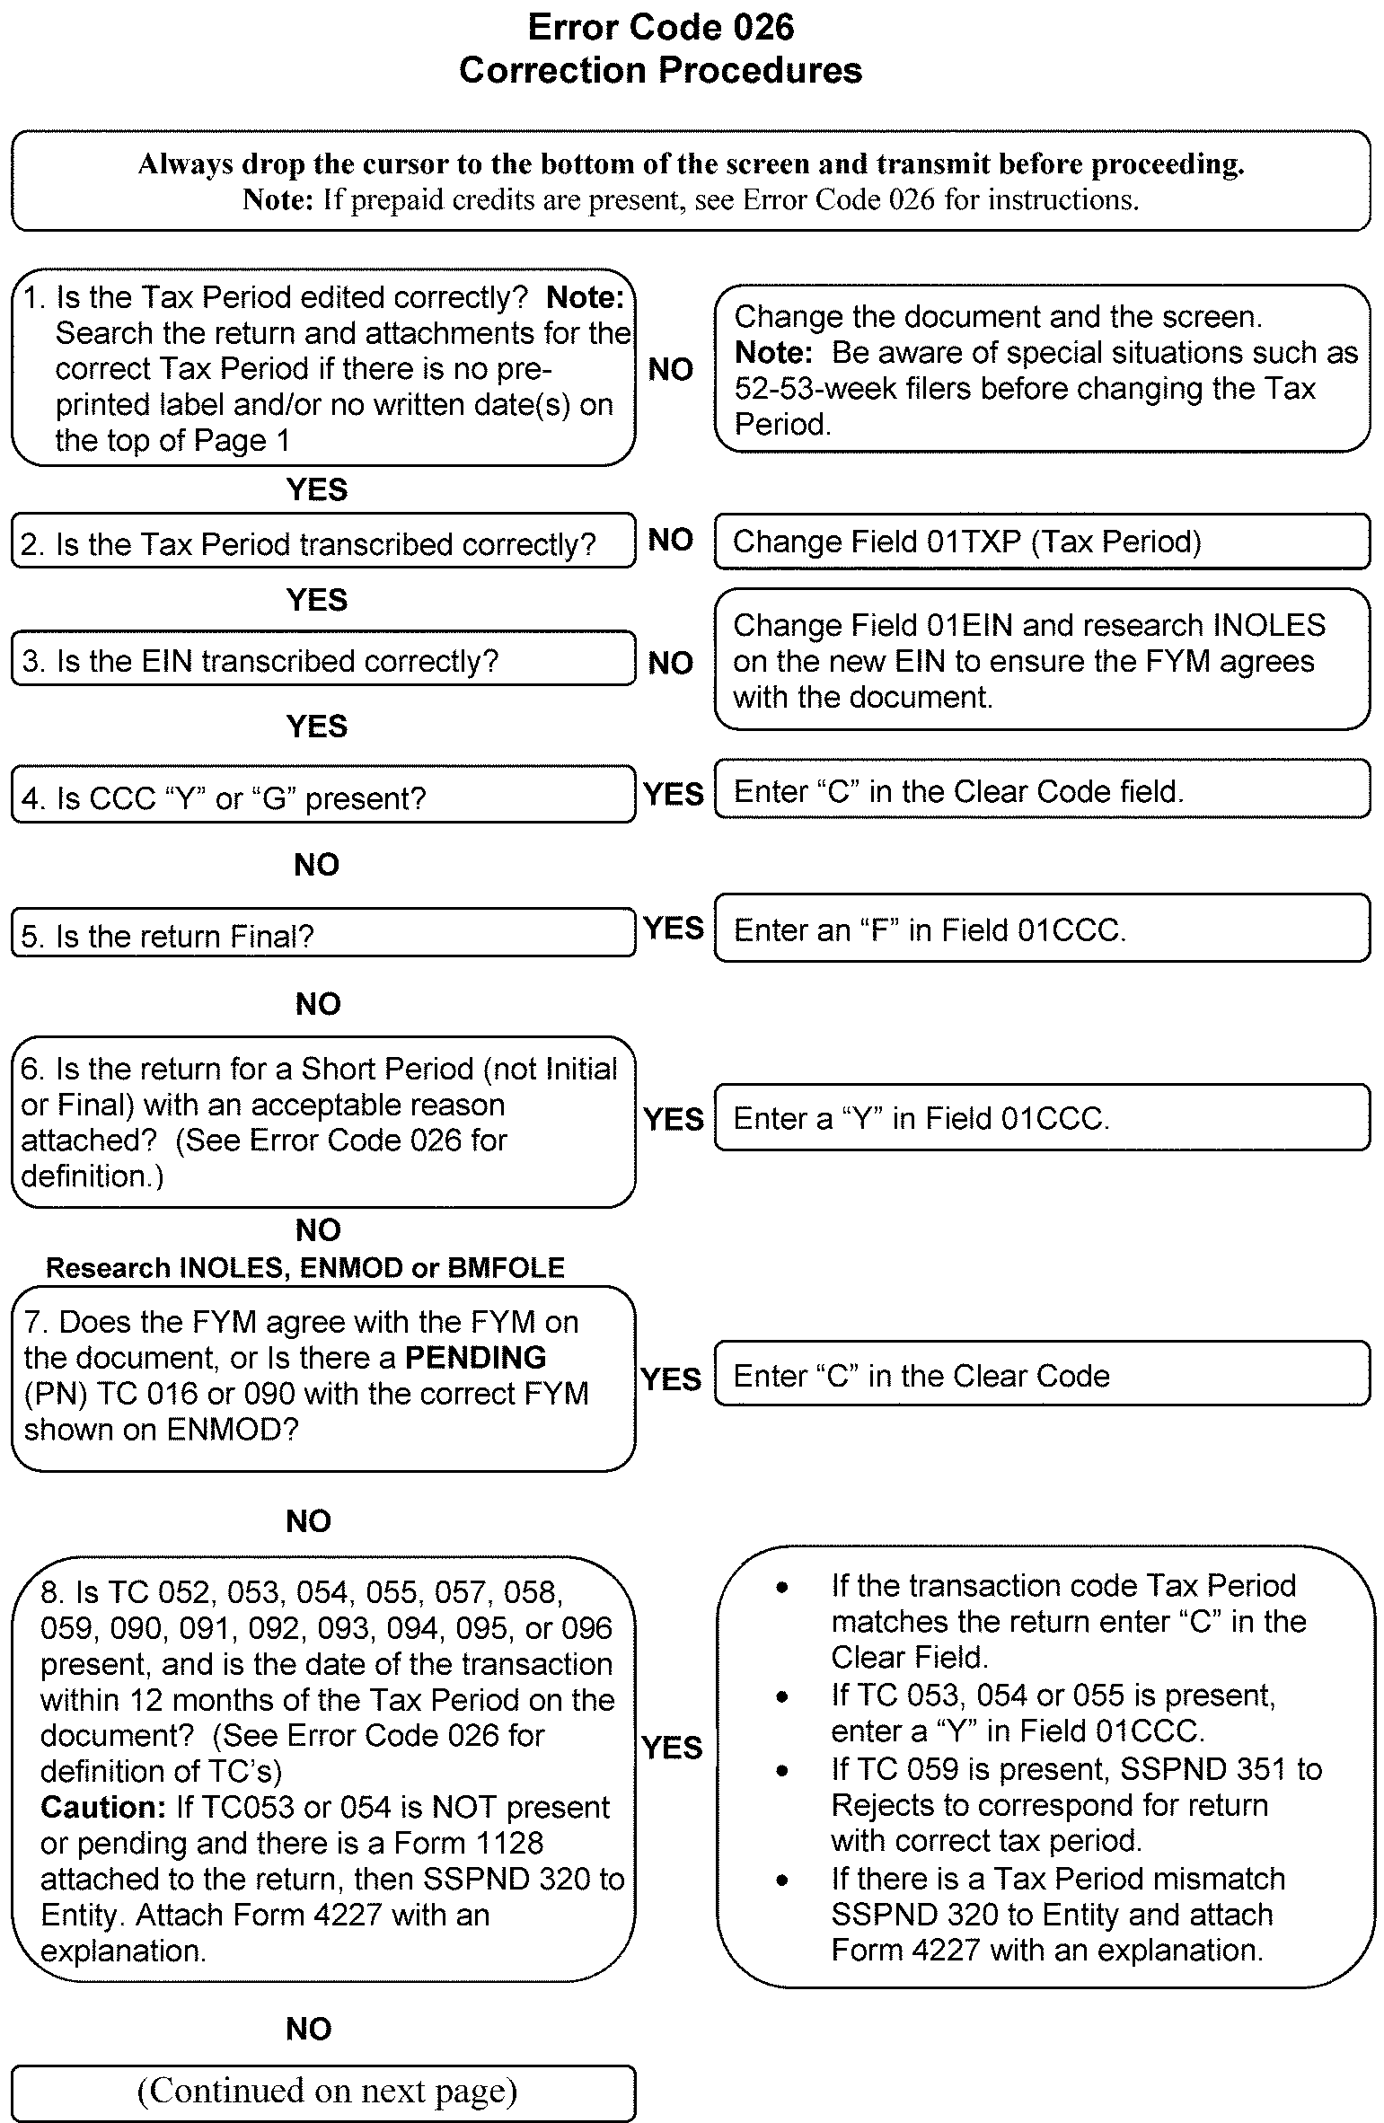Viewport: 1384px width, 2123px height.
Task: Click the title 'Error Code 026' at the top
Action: click(660, 28)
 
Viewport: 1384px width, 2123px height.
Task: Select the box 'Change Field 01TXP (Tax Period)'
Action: click(1042, 542)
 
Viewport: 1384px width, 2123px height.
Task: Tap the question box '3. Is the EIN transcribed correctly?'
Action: click(323, 661)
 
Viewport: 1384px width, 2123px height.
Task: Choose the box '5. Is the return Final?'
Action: click(323, 935)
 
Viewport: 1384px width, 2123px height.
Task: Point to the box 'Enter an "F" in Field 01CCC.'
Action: click(1042, 929)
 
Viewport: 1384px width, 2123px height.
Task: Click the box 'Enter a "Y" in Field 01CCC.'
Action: click(1042, 1118)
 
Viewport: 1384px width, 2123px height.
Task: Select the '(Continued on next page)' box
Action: click(323, 2091)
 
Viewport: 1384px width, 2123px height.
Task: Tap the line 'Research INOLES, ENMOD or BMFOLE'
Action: click(305, 1267)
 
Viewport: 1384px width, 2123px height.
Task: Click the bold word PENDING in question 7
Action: click(475, 1357)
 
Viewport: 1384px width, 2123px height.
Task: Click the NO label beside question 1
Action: click(670, 369)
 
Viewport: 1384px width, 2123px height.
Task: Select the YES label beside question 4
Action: click(674, 794)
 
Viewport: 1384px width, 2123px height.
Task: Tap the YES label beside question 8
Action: click(672, 1747)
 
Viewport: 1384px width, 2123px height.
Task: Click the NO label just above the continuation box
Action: click(309, 2029)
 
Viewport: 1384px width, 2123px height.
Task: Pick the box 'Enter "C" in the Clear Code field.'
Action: click(1042, 791)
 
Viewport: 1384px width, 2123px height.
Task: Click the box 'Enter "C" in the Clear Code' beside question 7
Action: click(1042, 1376)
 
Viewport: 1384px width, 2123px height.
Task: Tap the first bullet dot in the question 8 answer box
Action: click(783, 1589)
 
